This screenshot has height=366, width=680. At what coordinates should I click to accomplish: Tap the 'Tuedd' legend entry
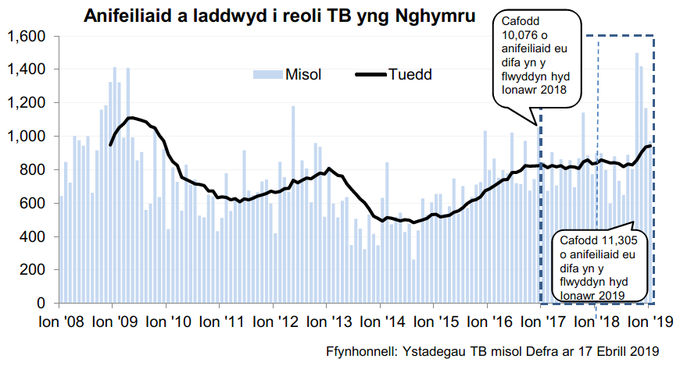click(410, 74)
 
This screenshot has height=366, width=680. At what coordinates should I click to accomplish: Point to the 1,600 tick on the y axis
click(27, 37)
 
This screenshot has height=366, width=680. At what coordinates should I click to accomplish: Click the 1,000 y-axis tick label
click(27, 137)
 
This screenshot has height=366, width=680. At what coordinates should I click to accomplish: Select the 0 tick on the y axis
click(44, 303)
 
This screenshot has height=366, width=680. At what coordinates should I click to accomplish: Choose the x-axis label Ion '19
click(645, 322)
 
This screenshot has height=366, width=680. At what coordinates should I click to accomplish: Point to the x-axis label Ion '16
click(485, 322)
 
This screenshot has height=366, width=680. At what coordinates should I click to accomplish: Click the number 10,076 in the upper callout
click(521, 36)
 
